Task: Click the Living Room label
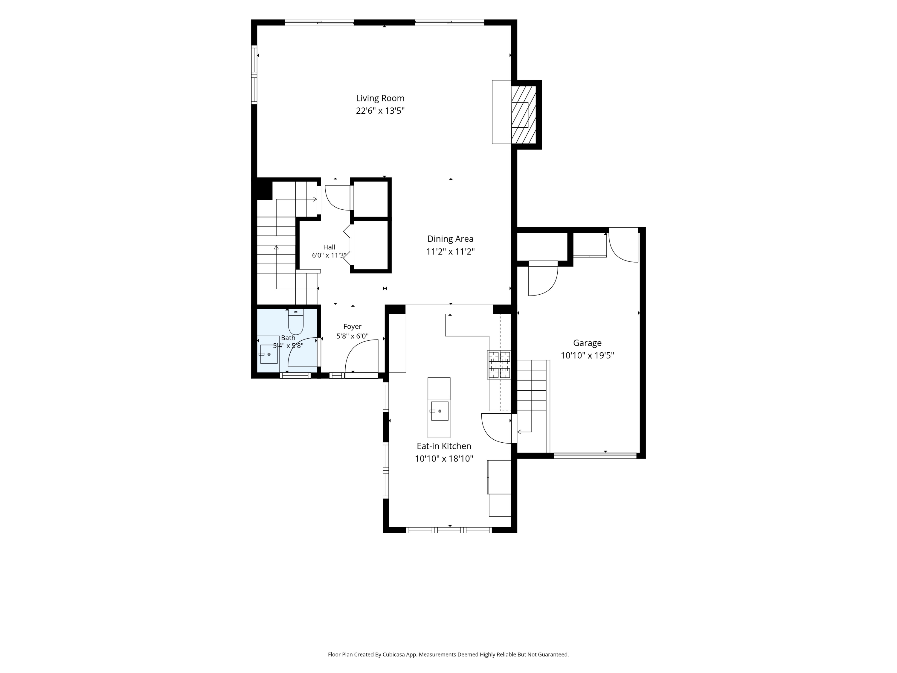click(380, 98)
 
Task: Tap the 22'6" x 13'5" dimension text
click(380, 111)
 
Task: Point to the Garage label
click(587, 343)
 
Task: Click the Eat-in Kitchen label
click(444, 446)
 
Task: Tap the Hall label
click(329, 247)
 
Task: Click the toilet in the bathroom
click(296, 321)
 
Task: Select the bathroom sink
click(269, 354)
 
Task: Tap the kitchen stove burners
click(499, 365)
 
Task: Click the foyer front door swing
click(361, 355)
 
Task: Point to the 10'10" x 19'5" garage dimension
click(587, 356)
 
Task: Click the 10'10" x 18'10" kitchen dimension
click(444, 459)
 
